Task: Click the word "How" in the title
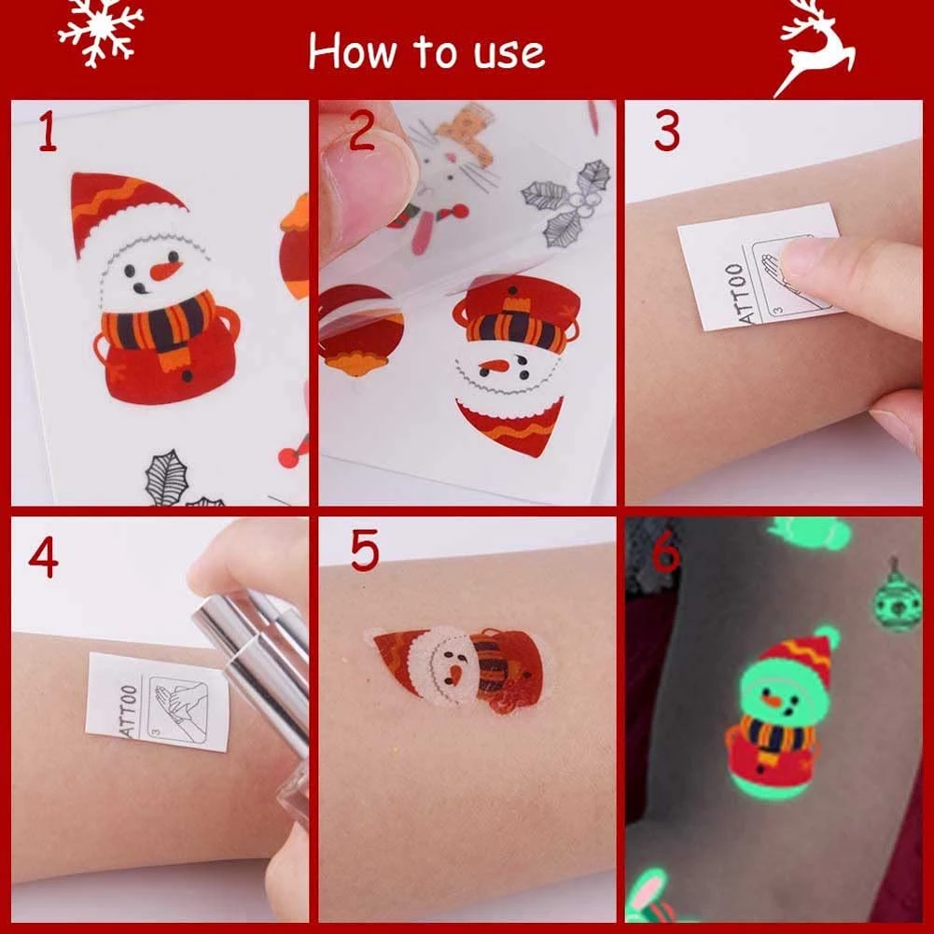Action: point(352,51)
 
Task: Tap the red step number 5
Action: point(364,550)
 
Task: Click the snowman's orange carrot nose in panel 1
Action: point(164,271)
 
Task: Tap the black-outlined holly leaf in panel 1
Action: point(167,478)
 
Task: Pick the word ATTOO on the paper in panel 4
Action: point(129,711)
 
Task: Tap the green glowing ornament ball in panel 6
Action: point(899,599)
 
